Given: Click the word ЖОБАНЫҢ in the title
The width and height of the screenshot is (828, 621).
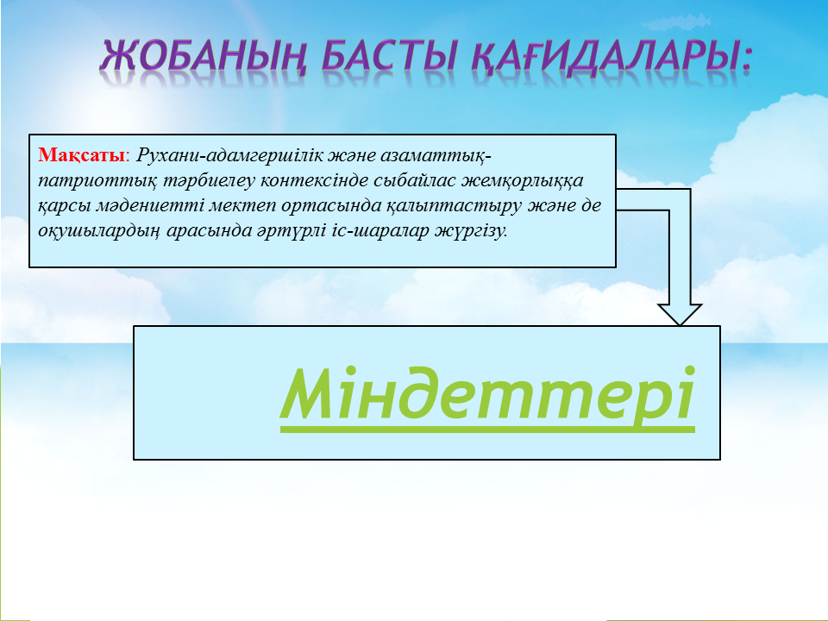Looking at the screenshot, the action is click(204, 56).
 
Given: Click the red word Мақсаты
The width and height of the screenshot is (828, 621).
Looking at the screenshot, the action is click(81, 156).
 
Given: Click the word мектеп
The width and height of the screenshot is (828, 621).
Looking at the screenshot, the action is click(242, 206).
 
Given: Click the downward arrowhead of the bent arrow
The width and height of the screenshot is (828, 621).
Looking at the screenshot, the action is click(681, 315).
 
